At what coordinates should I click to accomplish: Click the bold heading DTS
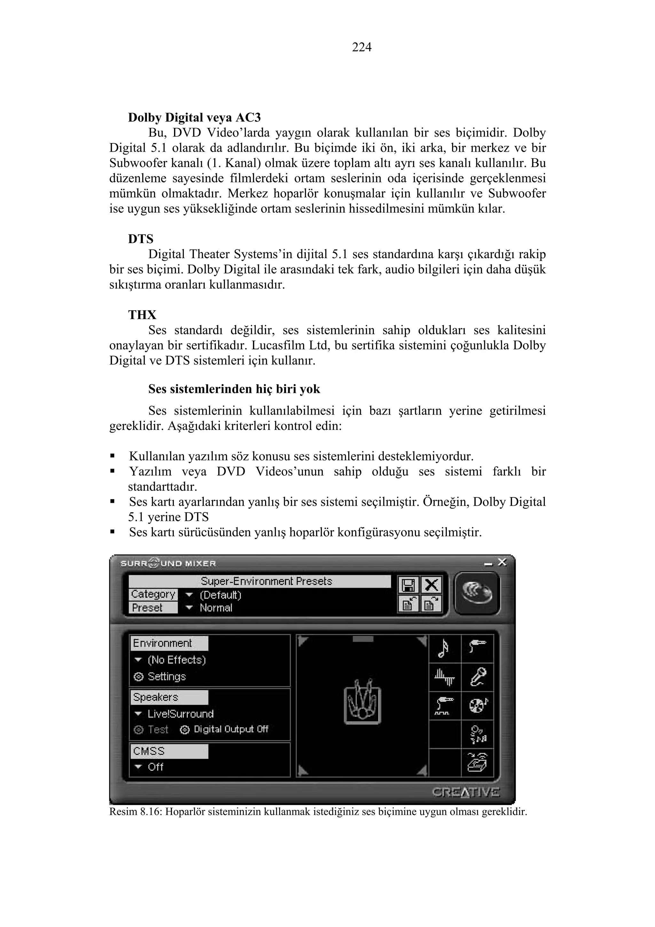click(141, 239)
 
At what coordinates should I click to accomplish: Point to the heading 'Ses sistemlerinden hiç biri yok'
click(234, 389)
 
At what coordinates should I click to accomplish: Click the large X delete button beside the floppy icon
click(431, 585)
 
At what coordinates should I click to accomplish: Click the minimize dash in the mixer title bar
click(488, 563)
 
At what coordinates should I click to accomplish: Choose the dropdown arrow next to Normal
click(189, 608)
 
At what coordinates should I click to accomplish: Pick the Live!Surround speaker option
click(180, 714)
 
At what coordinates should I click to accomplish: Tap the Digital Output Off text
click(231, 729)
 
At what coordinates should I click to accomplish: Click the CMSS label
click(149, 751)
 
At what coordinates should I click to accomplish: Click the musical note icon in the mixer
click(444, 648)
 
